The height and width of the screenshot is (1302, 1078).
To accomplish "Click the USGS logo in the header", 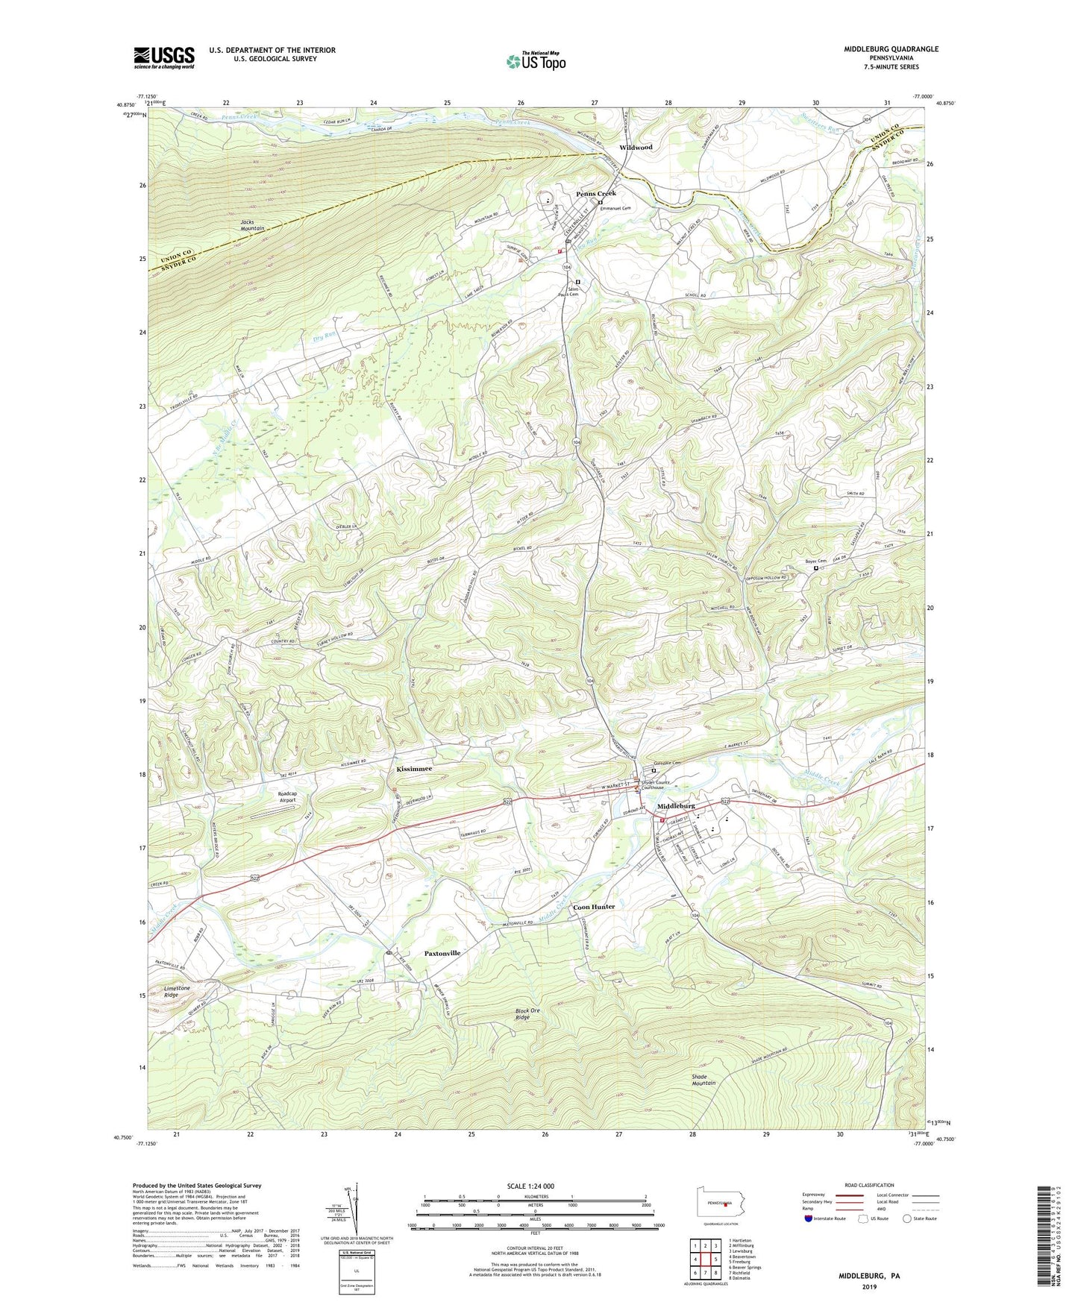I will click(x=164, y=57).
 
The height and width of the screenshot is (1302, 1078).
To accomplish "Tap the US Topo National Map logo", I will click(x=535, y=60).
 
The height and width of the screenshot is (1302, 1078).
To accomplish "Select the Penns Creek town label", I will click(x=596, y=194).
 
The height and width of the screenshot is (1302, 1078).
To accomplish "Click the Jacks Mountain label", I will click(x=252, y=225).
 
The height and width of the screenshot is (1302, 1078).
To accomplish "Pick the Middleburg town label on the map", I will click(x=676, y=806).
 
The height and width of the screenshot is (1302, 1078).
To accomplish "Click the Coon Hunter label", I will click(x=594, y=907).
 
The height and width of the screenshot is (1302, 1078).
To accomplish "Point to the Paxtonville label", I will click(x=442, y=953).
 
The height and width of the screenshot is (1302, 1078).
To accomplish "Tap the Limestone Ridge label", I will click(x=178, y=992).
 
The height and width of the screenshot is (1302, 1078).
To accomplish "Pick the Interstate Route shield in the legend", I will click(x=809, y=1218).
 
